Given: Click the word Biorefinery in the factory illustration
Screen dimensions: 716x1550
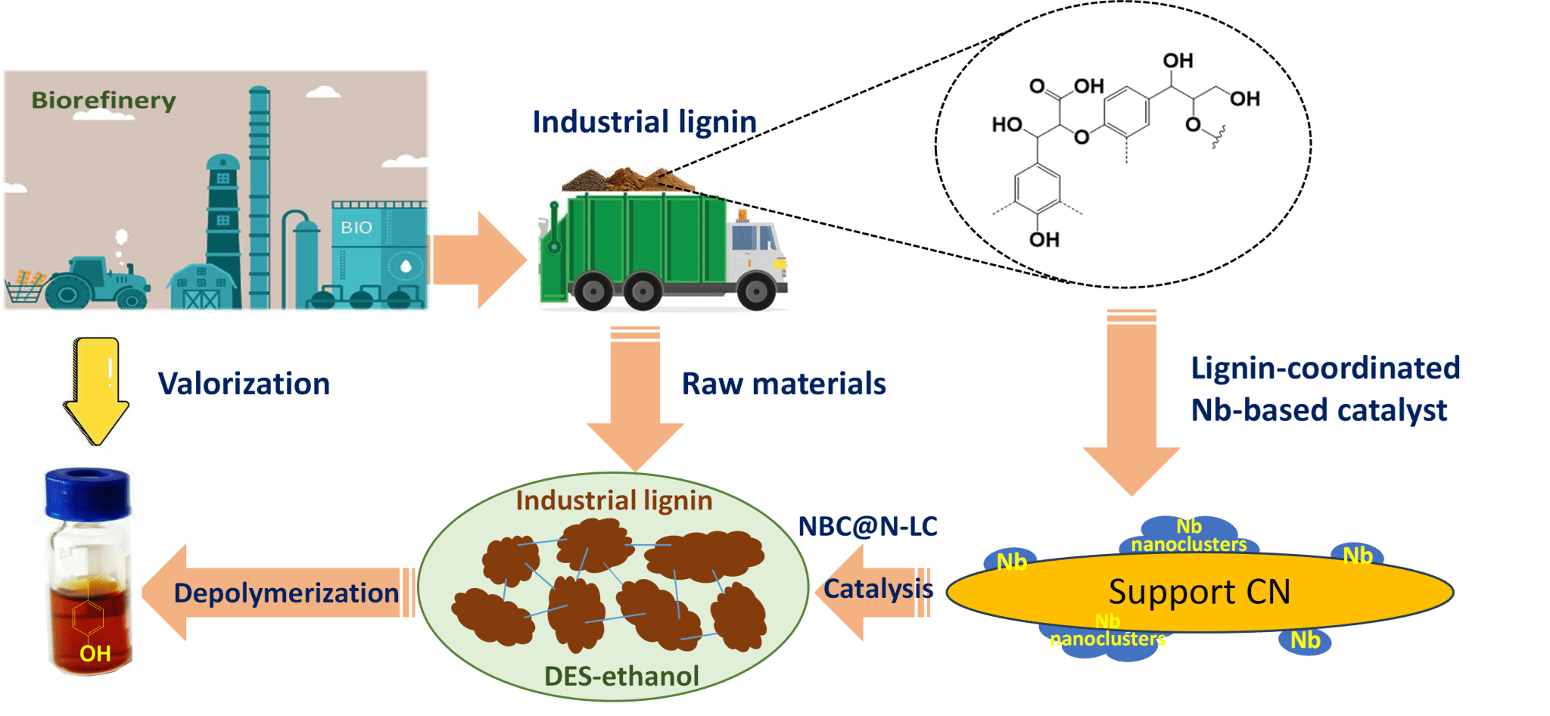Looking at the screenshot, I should (104, 101).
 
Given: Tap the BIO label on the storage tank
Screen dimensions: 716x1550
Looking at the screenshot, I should (356, 227).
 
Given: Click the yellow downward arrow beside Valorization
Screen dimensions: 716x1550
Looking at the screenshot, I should (95, 390).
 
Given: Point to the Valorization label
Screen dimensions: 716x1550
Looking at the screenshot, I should (244, 384).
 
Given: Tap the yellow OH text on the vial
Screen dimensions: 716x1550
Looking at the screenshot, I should (95, 653).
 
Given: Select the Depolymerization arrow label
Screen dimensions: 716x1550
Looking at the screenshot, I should (286, 593).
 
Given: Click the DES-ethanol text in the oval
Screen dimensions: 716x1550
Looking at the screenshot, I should (621, 676).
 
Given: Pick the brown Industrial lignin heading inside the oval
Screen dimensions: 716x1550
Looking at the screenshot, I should (614, 500).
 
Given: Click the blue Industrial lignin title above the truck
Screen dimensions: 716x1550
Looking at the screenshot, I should (644, 122).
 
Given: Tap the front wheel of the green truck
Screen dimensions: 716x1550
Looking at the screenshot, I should (755, 291).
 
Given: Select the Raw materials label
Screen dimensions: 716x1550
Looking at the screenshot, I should (783, 384).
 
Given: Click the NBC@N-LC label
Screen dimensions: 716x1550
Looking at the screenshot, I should (868, 526).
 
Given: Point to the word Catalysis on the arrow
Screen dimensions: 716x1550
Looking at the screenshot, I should (878, 589).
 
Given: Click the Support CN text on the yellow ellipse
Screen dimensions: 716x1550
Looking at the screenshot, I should (1200, 592).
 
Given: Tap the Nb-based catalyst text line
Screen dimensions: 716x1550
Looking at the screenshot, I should (1318, 410).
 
